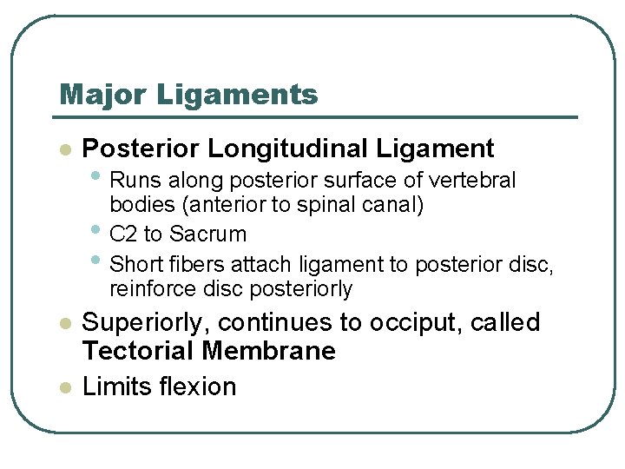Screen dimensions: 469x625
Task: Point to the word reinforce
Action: click(145, 288)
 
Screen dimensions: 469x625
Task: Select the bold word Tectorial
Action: click(138, 351)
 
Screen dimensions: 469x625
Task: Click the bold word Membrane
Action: click(269, 351)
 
